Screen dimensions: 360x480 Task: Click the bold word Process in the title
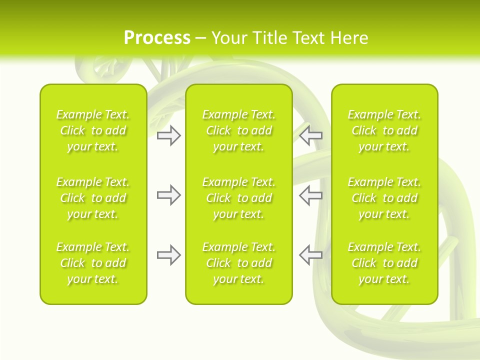tap(157, 38)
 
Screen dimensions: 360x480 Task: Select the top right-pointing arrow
tap(169, 135)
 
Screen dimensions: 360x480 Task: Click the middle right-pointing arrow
tap(169, 195)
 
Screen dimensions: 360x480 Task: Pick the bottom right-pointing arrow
tap(169, 255)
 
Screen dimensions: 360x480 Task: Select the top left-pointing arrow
tap(310, 135)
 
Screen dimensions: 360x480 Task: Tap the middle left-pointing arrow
tap(310, 195)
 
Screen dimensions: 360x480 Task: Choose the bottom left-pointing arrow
tap(310, 255)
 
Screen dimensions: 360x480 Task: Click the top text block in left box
tap(93, 130)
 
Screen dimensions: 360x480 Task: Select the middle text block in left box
tap(93, 198)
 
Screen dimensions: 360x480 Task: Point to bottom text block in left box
tap(93, 263)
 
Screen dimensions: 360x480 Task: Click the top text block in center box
tap(238, 130)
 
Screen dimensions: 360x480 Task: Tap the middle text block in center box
tap(238, 198)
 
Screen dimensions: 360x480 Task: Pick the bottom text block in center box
tap(238, 263)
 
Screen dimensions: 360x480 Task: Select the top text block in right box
tap(384, 130)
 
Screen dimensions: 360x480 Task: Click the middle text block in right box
tap(384, 198)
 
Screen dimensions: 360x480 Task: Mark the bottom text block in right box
tap(384, 263)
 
